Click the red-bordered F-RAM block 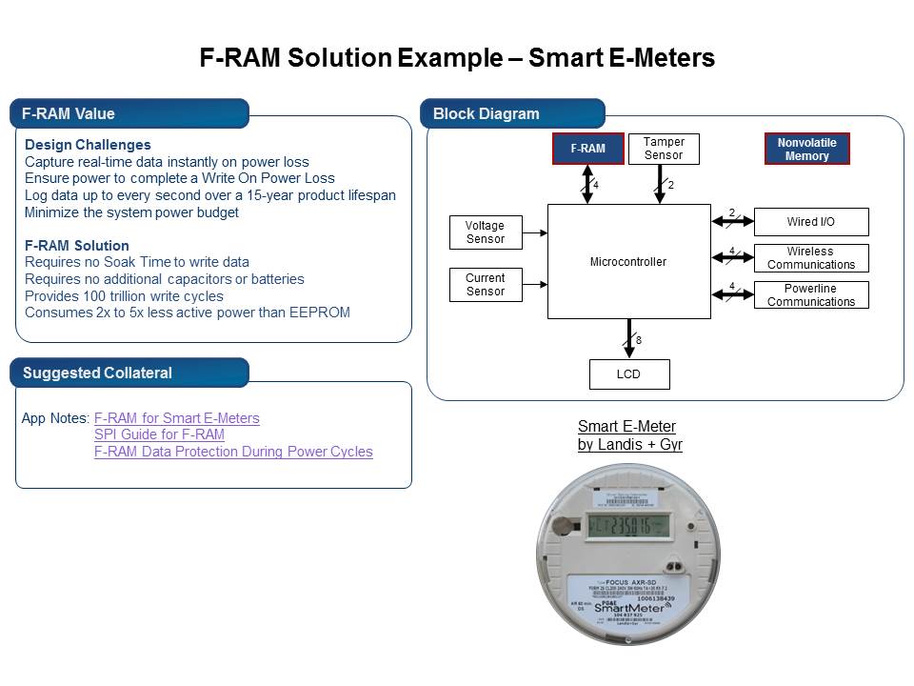tap(587, 149)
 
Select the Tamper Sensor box tap(663, 149)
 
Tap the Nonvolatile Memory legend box tap(806, 150)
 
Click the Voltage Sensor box tap(485, 232)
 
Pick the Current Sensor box tap(485, 285)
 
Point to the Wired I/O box tap(810, 222)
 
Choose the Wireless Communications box tap(810, 258)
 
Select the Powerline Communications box tap(810, 295)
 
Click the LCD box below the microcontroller tap(628, 374)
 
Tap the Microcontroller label tap(628, 261)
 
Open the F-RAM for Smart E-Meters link tap(176, 418)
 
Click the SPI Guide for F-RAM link tap(159, 434)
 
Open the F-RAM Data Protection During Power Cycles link tap(233, 452)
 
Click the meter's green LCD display tap(628, 525)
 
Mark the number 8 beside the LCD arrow tap(639, 340)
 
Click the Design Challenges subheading tap(88, 145)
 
